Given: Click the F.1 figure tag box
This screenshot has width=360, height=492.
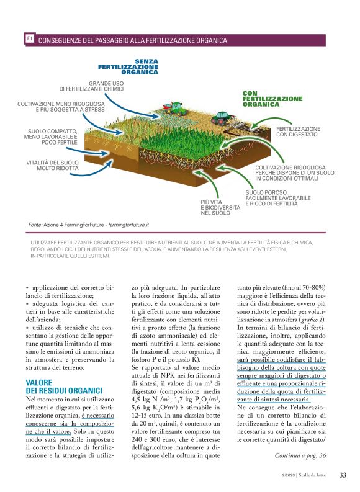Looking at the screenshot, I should pos(29,39).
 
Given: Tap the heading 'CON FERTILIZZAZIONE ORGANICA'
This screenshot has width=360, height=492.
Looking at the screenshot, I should pos(272,99).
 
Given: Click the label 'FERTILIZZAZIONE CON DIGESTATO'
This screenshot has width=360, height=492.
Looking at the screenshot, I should pos(297,132).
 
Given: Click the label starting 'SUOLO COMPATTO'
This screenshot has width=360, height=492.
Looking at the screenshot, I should pos(52,137).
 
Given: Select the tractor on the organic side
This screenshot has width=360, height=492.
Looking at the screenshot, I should pos(222,117).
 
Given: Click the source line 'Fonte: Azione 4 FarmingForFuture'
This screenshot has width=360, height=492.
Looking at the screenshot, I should pos(89,224).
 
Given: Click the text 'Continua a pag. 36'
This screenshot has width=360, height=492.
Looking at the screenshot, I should pos(300,455).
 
